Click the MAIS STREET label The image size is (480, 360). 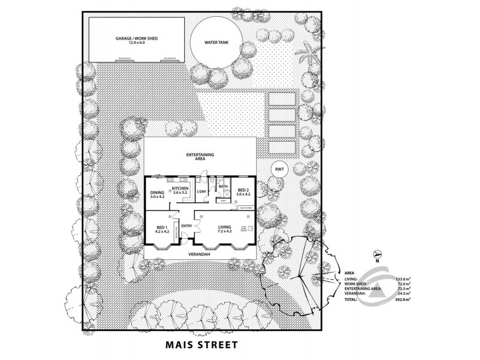201,345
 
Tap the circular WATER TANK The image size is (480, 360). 217,43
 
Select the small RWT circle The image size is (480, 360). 279,169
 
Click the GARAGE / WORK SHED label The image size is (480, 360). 136,40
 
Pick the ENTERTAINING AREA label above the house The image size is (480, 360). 201,158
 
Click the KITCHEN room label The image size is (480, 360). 180,188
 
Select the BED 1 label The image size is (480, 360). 161,228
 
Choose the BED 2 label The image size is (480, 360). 242,192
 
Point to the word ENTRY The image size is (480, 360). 186,226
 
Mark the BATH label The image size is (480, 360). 223,187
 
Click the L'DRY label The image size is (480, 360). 202,191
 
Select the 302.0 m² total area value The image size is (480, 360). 401,298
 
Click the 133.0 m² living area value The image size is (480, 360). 401,279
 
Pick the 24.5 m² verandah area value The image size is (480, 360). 401,293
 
